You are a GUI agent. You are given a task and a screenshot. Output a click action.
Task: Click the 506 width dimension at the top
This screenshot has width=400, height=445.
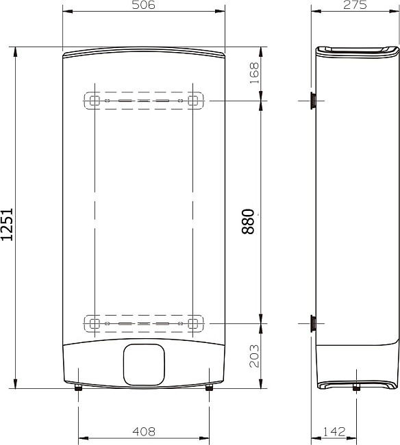pos(144,5)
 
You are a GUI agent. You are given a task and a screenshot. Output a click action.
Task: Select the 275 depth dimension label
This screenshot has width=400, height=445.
pos(355,5)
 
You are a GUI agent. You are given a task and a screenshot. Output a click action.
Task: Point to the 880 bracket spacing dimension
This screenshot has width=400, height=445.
pos(249,221)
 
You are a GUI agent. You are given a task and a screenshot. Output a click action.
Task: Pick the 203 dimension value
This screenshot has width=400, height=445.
pos(255,355)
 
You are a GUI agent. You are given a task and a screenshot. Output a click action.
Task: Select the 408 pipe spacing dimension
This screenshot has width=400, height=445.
pos(143,432)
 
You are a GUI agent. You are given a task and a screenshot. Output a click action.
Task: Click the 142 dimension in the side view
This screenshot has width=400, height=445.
pos(334,432)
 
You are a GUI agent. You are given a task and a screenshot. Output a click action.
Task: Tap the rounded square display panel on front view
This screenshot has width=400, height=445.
pos(143,364)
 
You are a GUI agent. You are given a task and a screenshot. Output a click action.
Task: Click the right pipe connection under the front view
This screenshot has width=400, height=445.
pos(208,388)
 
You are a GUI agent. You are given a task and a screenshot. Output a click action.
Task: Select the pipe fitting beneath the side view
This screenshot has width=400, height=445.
pos(356,389)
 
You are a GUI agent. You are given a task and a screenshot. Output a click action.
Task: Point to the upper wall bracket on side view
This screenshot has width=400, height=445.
pos(313,101)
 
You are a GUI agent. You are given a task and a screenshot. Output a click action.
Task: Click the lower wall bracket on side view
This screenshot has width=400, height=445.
pos(313,322)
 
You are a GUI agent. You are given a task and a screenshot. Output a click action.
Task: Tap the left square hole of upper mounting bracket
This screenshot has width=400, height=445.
pos(95,101)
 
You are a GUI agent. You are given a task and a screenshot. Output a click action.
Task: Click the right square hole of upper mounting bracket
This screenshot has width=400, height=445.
pos(193,101)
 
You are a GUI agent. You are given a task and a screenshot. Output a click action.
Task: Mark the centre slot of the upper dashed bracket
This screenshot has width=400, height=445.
pos(143,101)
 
